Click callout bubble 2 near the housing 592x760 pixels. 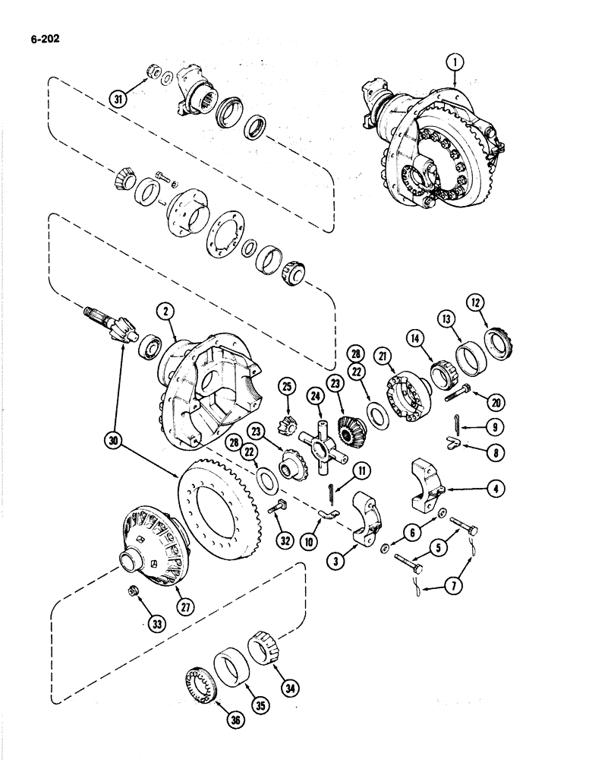click(162, 310)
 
